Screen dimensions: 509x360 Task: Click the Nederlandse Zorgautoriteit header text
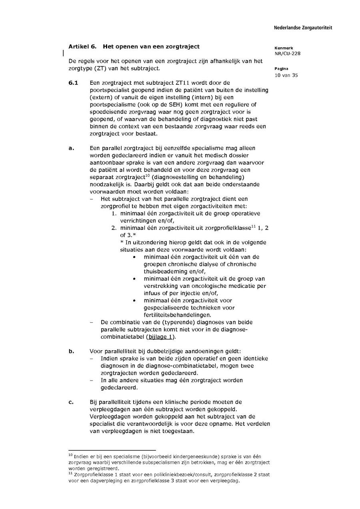point(303,28)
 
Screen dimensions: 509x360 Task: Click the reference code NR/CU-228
point(288,54)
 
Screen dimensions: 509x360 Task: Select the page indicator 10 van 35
point(286,75)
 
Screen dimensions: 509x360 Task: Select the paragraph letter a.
point(72,148)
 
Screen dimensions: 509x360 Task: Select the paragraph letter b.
point(72,351)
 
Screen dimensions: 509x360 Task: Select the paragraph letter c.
point(71,402)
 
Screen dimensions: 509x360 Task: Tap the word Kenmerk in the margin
point(284,48)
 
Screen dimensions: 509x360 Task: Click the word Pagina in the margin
point(282,69)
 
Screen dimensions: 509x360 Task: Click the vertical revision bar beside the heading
point(63,52)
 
